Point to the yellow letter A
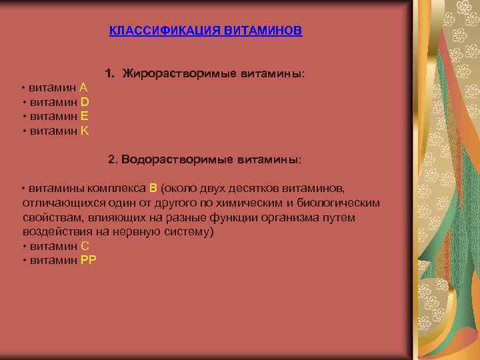click(x=83, y=87)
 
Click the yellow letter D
click(x=84, y=102)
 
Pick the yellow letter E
click(x=83, y=116)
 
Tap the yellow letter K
click(x=83, y=131)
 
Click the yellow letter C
click(x=84, y=245)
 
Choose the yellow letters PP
click(x=88, y=260)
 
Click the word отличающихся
click(x=57, y=203)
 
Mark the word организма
click(x=292, y=217)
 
